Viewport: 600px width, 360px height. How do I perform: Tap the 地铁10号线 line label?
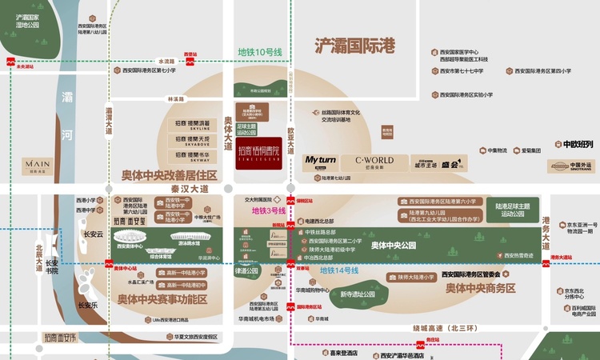click(x=260, y=52)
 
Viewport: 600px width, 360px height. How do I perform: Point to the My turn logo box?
click(x=322, y=162)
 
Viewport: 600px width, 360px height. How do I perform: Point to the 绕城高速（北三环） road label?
click(x=441, y=327)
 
